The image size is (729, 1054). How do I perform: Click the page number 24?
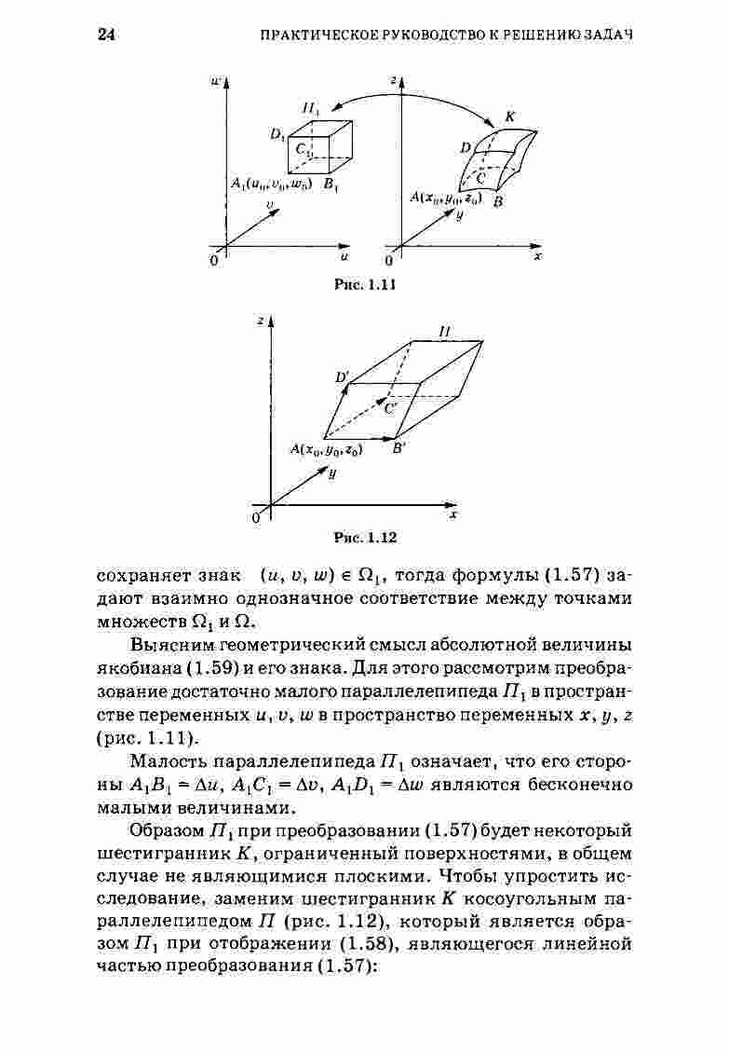tap(105, 34)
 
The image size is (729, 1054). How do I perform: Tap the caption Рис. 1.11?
tap(365, 285)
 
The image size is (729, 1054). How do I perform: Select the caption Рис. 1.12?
tap(365, 538)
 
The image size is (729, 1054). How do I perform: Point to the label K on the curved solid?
tap(509, 117)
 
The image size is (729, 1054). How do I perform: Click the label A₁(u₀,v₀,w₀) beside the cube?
tap(272, 185)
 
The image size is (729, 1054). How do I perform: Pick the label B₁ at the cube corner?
tap(331, 185)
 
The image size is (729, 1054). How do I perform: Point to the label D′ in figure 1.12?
tap(342, 376)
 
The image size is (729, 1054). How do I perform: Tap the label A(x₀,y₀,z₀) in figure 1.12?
tap(326, 449)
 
